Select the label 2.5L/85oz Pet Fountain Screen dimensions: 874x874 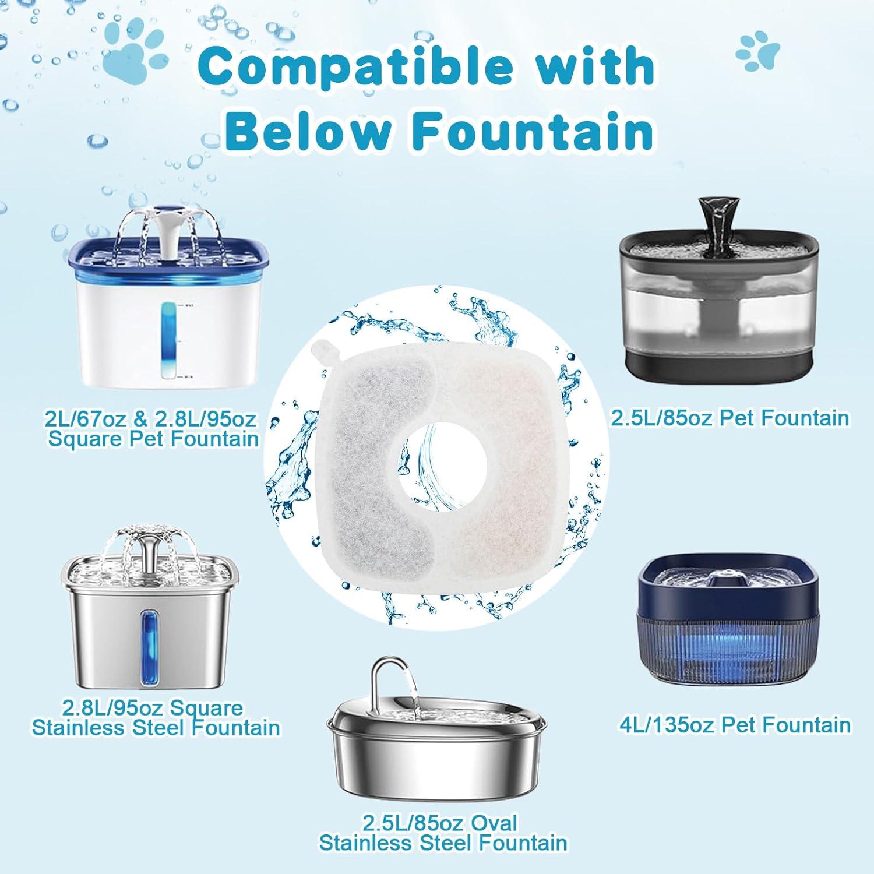coord(729,418)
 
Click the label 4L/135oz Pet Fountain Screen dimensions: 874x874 coord(734,724)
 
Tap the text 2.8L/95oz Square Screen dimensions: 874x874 coord(153,708)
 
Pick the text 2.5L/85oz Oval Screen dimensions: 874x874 coord(440,823)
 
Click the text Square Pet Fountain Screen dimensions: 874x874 coord(153,438)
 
